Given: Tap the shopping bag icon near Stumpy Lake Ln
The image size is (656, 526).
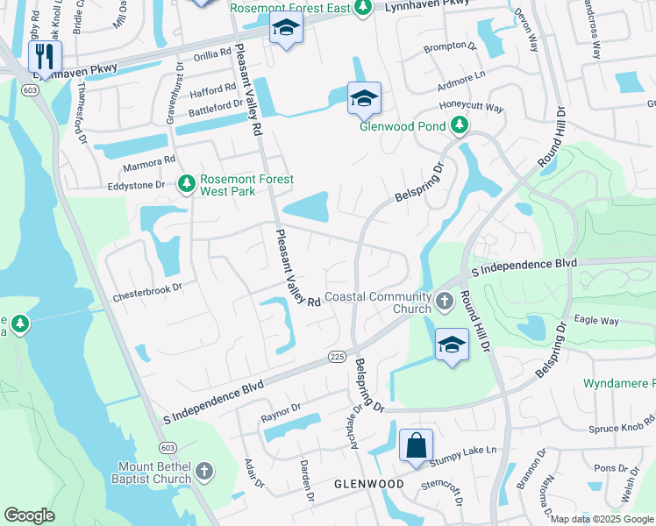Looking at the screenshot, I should [x=416, y=444].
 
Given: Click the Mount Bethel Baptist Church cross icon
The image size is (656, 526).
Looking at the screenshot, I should [x=204, y=471].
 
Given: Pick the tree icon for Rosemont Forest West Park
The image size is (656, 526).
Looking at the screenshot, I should [x=186, y=184].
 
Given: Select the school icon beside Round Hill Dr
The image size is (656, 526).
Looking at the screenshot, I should [x=452, y=344].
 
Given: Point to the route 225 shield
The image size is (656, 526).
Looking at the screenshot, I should [x=336, y=356].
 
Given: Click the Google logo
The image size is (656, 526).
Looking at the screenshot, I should [x=30, y=515].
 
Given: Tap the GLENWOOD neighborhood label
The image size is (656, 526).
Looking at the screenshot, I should [x=367, y=484].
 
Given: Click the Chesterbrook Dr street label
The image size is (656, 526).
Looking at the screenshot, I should [x=146, y=287].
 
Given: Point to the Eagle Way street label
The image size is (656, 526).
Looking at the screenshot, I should [x=596, y=321].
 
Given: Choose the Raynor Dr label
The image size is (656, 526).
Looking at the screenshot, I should [x=279, y=408].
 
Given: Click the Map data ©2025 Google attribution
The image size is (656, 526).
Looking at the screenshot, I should [x=601, y=519].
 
